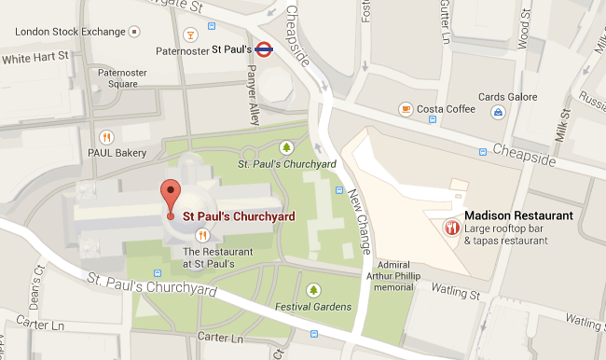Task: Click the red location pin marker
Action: pyautogui.click(x=169, y=196)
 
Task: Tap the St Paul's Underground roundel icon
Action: pyautogui.click(x=264, y=49)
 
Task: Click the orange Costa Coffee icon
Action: pyautogui.click(x=405, y=109)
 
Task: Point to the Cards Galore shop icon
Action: pyautogui.click(x=499, y=112)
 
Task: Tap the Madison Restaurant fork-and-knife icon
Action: pyautogui.click(x=451, y=227)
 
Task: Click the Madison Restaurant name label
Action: pyautogui.click(x=517, y=215)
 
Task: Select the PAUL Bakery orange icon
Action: pyautogui.click(x=106, y=136)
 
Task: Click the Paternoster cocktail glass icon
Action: pyautogui.click(x=190, y=35)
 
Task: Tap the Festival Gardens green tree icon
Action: pyautogui.click(x=312, y=289)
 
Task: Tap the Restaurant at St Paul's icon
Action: pyautogui.click(x=200, y=235)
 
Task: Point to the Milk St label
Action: pyautogui.click(x=562, y=127)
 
